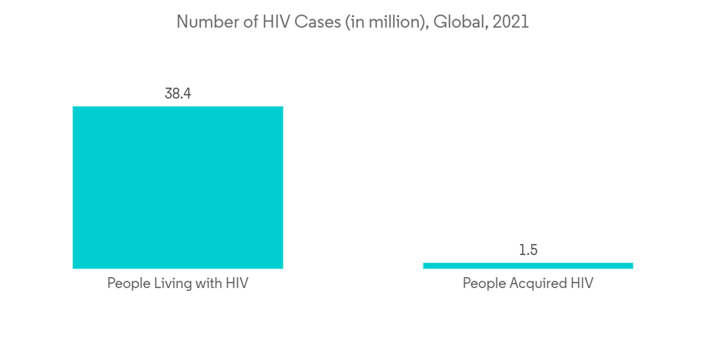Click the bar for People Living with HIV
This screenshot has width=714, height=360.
[x=178, y=187]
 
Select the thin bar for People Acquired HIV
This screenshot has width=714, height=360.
[x=528, y=266]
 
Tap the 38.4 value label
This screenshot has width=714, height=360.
[x=178, y=94]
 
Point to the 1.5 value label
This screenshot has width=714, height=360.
[x=528, y=250]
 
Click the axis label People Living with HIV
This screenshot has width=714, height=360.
[x=178, y=283]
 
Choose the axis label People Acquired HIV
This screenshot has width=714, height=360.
[x=528, y=283]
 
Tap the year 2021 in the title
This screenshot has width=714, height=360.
[x=511, y=22]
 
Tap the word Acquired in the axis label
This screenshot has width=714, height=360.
[x=535, y=283]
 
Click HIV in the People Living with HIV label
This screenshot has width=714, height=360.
[x=236, y=283]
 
